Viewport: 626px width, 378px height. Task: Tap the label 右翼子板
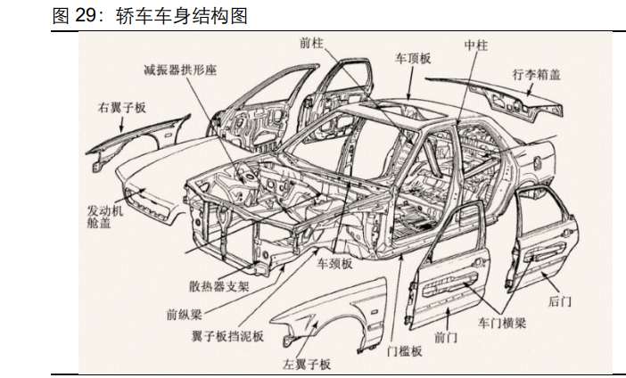122,109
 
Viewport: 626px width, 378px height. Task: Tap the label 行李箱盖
536,75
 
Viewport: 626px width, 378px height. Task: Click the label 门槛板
404,351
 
